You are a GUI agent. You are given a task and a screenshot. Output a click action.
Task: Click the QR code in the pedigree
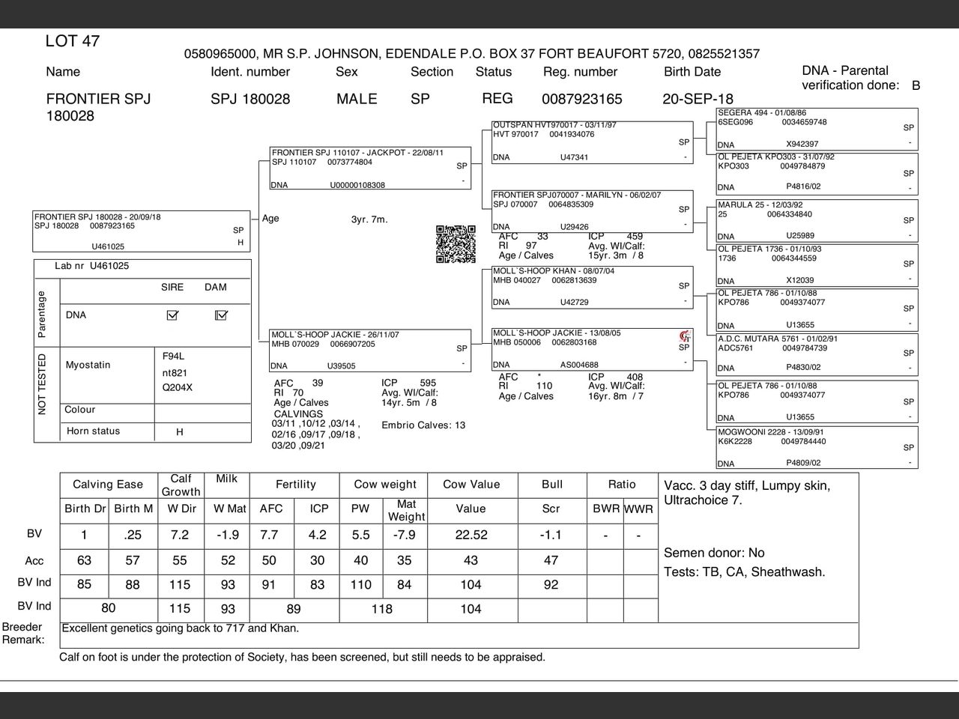[x=456, y=244]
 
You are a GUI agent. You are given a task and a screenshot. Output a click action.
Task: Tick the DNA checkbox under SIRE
[x=172, y=315]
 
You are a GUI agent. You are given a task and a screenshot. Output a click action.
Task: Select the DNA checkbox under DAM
[x=220, y=315]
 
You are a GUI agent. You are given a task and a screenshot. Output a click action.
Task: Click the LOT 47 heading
[x=73, y=41]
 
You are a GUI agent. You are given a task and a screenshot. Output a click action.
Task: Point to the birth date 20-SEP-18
[x=698, y=99]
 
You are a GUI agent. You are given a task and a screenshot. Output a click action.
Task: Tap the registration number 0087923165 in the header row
[x=581, y=99]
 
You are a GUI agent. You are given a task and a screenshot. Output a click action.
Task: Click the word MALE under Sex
[x=357, y=99]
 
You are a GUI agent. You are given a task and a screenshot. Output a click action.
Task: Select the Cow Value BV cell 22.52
[x=471, y=535]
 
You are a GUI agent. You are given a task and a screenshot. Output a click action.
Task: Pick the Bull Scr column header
[x=551, y=509]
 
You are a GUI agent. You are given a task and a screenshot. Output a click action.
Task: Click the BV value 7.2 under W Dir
[x=180, y=535]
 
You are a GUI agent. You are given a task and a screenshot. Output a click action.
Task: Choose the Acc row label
[x=34, y=561]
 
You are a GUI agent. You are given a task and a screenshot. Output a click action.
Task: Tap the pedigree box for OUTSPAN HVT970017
[x=592, y=142]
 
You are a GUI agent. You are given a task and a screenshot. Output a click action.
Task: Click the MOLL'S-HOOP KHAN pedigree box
[x=592, y=287]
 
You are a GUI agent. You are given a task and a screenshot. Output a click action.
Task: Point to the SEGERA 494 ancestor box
[x=817, y=128]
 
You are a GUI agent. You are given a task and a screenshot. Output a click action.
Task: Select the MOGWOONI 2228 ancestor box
[x=817, y=447]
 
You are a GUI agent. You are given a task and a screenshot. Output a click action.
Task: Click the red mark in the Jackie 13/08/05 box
[x=683, y=336]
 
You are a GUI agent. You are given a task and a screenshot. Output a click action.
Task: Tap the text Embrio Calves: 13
[x=423, y=425]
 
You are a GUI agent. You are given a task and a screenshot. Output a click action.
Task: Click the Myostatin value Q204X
[x=178, y=388]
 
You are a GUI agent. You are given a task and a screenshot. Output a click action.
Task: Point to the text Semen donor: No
[x=714, y=553]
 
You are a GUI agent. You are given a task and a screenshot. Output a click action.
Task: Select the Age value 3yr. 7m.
[x=369, y=219]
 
